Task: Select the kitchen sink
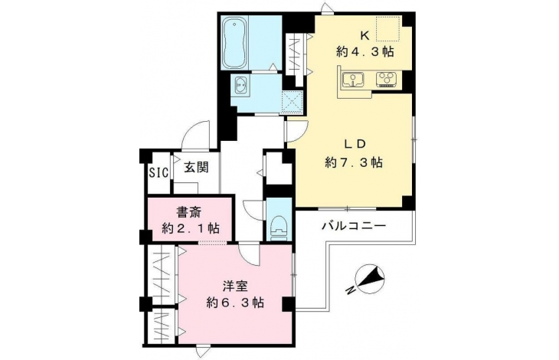point(353,80)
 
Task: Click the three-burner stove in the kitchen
point(387,80)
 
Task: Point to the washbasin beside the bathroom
point(241,87)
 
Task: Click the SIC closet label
point(159,173)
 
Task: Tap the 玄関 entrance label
point(196,167)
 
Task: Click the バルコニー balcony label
point(354,226)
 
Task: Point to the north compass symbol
point(368,279)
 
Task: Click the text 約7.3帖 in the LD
point(354,163)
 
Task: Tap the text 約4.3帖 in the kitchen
point(364,52)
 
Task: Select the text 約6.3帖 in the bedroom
point(235,303)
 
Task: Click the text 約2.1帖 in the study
point(191,228)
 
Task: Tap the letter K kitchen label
point(364,35)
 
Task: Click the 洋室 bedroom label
point(235,286)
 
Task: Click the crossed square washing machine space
point(293,103)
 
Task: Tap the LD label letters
point(355,144)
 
